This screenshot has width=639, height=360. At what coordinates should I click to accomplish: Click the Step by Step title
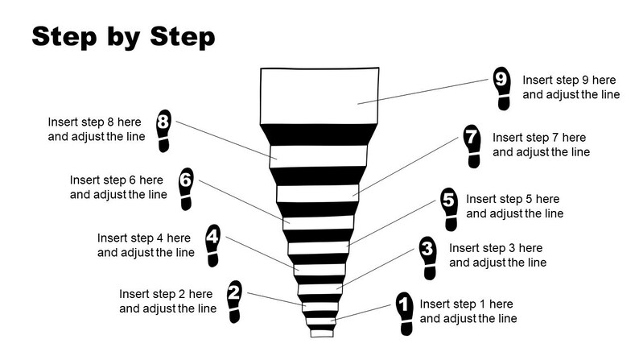[122, 36]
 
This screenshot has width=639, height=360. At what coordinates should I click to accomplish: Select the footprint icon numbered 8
[164, 129]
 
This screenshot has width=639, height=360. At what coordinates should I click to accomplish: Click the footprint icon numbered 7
[472, 145]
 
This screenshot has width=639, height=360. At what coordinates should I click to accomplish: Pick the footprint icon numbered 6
[186, 187]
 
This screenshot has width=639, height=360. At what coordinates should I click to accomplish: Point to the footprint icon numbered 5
[450, 207]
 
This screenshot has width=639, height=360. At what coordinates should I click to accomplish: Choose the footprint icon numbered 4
[212, 245]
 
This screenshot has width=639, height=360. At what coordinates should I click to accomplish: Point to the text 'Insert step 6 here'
[117, 180]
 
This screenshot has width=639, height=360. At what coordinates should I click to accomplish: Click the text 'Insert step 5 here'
[513, 199]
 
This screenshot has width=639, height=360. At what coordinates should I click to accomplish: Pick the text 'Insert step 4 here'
[144, 238]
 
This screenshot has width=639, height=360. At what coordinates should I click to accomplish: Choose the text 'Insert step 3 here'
[496, 248]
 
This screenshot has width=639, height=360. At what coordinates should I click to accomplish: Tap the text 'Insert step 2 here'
[166, 294]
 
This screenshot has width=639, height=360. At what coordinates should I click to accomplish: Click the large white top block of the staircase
[319, 95]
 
